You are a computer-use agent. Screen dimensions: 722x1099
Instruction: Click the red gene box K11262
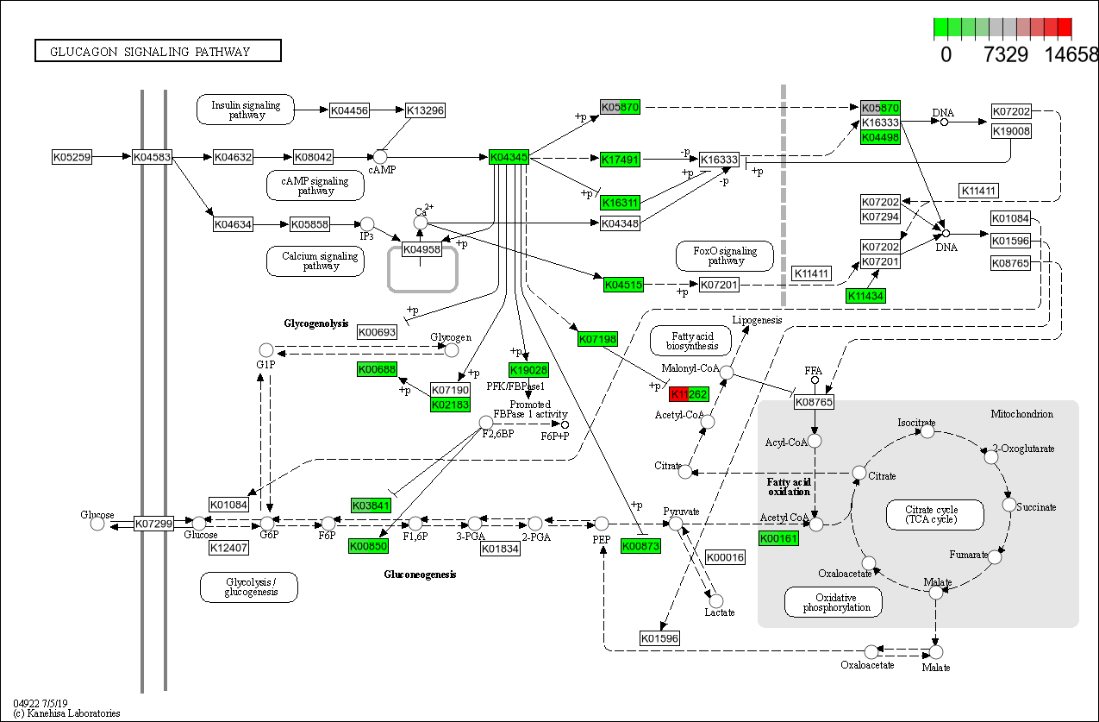click(689, 394)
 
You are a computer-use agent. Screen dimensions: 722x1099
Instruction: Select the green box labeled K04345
click(509, 157)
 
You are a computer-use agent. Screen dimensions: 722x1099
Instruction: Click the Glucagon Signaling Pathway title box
click(158, 51)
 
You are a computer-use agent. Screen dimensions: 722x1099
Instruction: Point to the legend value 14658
click(1071, 54)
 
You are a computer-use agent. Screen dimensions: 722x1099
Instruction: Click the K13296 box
click(425, 110)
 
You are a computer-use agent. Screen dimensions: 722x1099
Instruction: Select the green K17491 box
click(621, 160)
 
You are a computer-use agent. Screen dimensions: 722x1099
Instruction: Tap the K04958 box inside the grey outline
click(421, 249)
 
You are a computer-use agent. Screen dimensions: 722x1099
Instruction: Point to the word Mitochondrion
click(1021, 414)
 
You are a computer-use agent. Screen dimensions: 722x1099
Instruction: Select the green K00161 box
click(779, 538)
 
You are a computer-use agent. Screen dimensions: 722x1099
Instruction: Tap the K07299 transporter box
click(154, 524)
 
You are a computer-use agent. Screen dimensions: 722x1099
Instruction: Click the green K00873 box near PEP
click(640, 546)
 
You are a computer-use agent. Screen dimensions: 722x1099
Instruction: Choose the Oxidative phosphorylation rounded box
click(834, 602)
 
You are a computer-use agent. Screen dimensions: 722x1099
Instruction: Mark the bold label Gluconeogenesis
click(420, 574)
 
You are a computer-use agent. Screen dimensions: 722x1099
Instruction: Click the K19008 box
click(1011, 132)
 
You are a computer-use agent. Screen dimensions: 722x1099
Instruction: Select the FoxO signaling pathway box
click(726, 256)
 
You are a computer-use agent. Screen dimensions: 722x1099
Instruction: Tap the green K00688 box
click(377, 369)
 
